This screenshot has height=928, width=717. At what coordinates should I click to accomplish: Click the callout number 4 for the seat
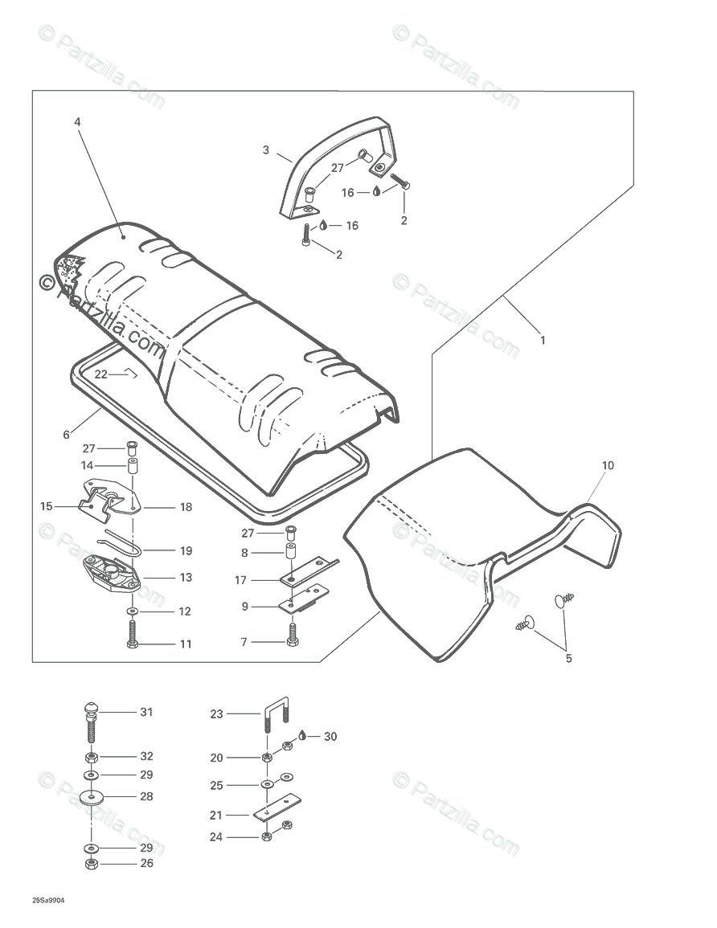tap(77, 122)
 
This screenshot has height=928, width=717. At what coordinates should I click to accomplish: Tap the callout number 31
tap(146, 712)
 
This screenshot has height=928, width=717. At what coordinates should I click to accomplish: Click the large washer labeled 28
tap(92, 798)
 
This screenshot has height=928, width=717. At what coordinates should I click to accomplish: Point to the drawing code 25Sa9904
tap(48, 901)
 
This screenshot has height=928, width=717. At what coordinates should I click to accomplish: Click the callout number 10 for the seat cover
tap(607, 465)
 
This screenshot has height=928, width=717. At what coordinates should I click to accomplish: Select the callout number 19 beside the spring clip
tap(186, 551)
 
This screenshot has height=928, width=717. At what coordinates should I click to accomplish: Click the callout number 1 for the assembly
tap(543, 341)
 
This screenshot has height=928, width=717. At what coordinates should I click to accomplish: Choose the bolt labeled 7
tap(293, 636)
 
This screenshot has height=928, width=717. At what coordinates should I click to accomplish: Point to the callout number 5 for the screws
tap(568, 659)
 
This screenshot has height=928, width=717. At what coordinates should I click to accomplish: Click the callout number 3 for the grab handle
tap(265, 150)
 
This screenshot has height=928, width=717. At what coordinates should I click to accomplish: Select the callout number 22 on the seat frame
tap(100, 374)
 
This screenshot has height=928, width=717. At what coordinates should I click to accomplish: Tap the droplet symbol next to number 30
tap(302, 735)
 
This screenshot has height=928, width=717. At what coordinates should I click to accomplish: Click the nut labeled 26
tap(92, 865)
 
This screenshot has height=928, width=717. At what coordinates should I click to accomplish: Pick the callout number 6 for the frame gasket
tap(66, 435)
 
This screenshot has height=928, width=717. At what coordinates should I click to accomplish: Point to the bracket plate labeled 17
tap(309, 572)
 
